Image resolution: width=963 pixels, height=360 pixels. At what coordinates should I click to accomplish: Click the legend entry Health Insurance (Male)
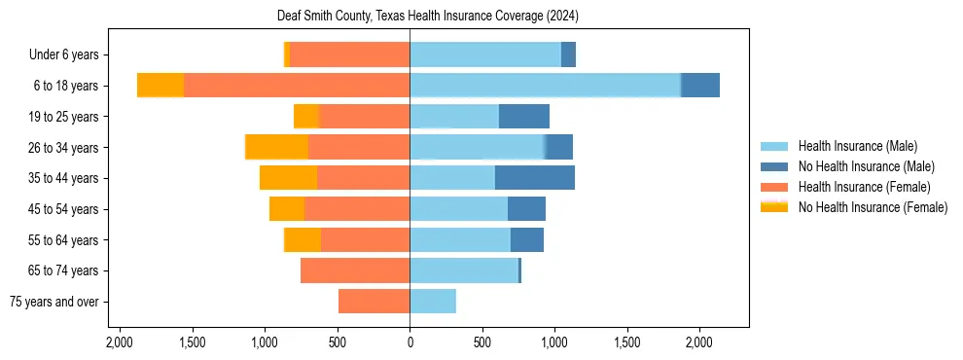pyautogui.click(x=856, y=146)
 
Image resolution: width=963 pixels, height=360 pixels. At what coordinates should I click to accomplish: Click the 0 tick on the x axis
pyautogui.click(x=410, y=342)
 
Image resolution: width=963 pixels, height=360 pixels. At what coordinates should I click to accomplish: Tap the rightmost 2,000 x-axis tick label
pyautogui.click(x=699, y=342)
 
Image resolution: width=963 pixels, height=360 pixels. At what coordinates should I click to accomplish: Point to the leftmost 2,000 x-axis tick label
pyautogui.click(x=120, y=342)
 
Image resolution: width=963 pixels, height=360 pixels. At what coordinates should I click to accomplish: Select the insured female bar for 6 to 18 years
pyautogui.click(x=297, y=86)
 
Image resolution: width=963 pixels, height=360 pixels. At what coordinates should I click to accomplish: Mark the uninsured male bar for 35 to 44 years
pyautogui.click(x=534, y=178)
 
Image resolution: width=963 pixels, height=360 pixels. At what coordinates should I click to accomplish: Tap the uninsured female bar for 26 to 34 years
pyautogui.click(x=277, y=147)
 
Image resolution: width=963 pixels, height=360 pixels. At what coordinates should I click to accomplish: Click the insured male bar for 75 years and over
pyautogui.click(x=433, y=302)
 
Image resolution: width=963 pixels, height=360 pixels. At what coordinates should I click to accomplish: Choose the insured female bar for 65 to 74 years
pyautogui.click(x=355, y=270)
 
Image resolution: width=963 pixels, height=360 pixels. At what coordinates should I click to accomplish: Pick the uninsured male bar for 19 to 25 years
pyautogui.click(x=523, y=117)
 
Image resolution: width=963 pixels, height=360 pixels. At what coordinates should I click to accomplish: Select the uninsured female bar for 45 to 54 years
pyautogui.click(x=287, y=209)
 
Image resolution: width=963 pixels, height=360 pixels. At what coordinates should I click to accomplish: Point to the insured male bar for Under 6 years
pyautogui.click(x=485, y=55)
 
